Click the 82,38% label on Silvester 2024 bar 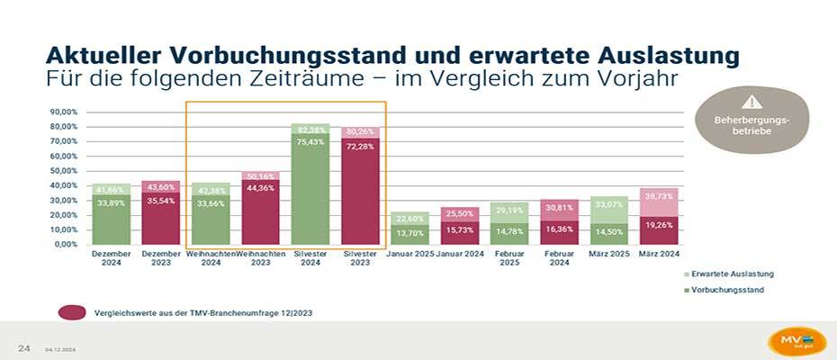[x=310, y=130]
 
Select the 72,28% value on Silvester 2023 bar [x=360, y=145]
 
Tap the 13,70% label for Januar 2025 [x=410, y=233]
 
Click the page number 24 [x=24, y=346]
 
